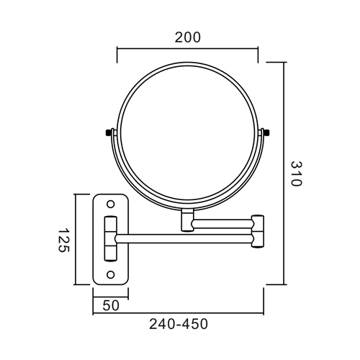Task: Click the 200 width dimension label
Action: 187,37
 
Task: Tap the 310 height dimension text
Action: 294,173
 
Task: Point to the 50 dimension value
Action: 110,305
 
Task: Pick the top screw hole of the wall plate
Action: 111,204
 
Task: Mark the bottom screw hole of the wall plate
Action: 111,274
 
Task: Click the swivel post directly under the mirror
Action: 187,220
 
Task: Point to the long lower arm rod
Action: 184,237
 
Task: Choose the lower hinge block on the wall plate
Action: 112,250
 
